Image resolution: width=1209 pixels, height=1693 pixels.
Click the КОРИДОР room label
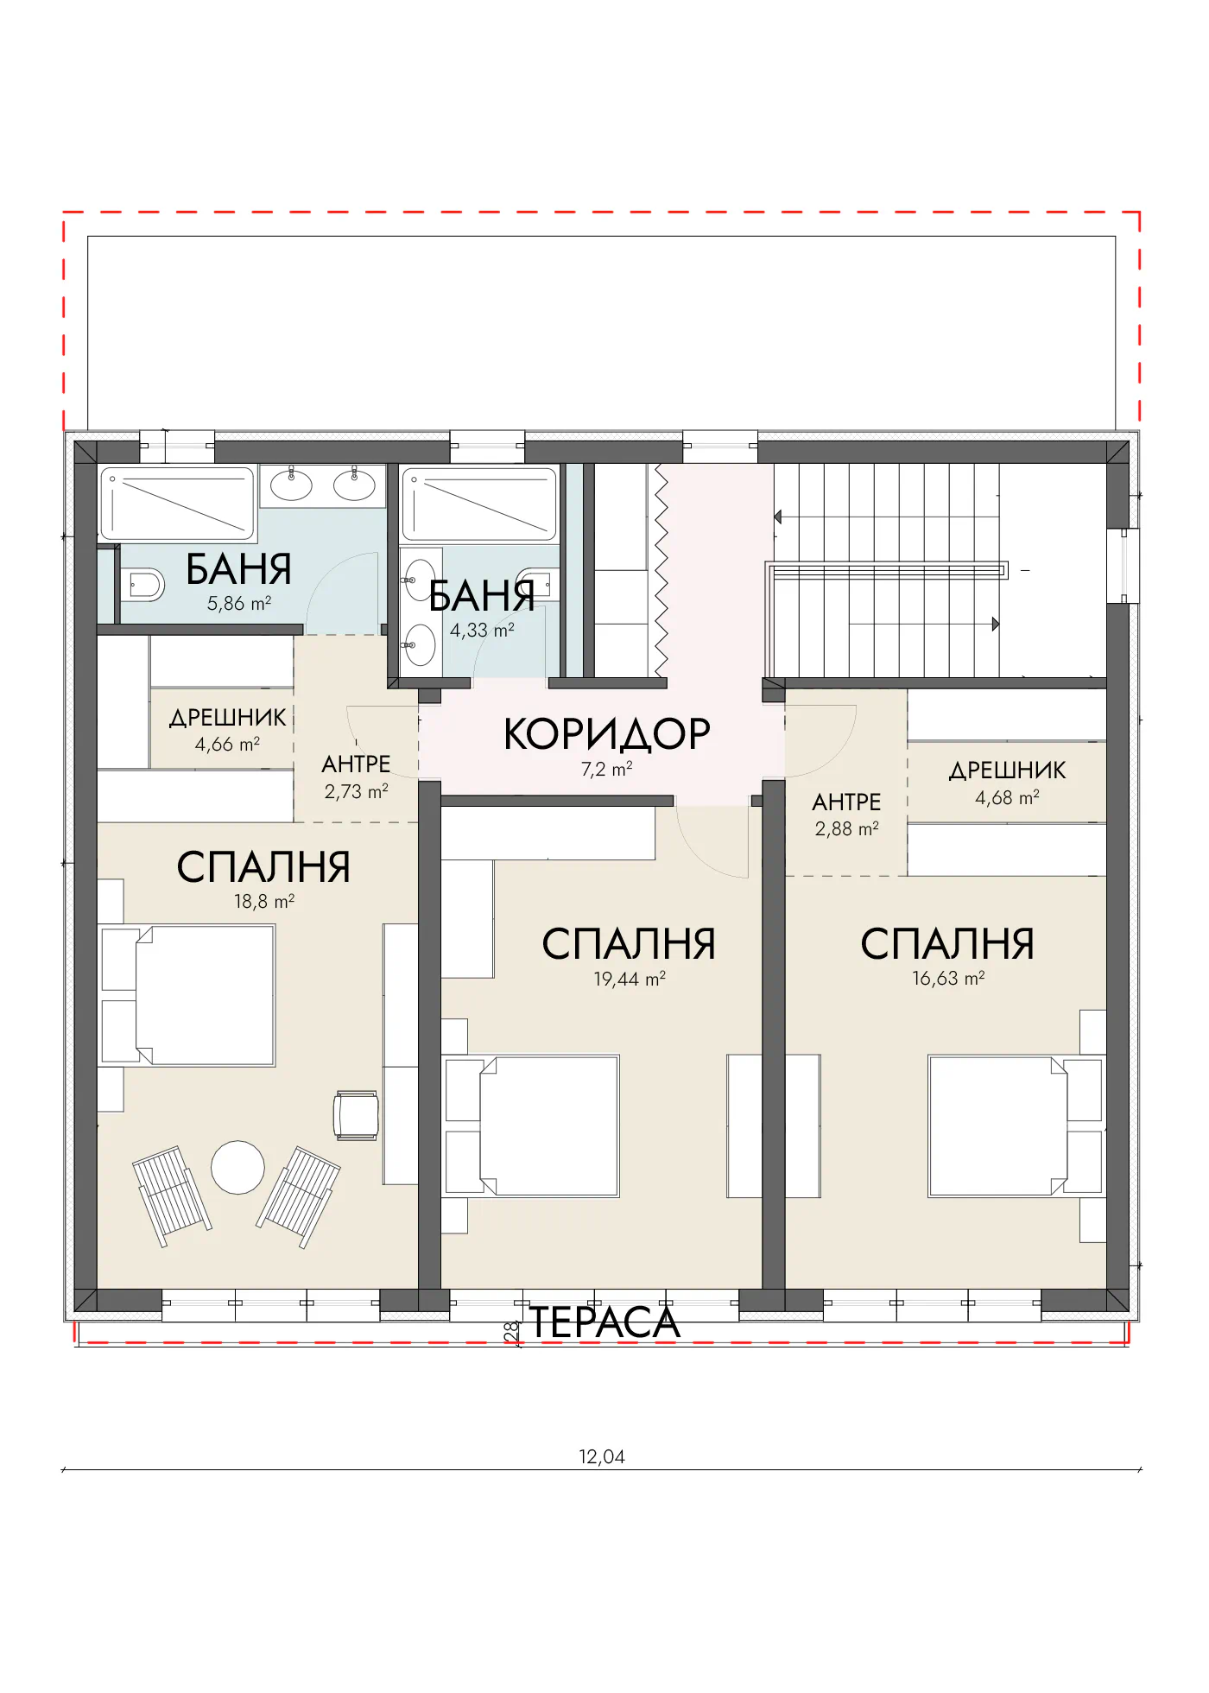[x=607, y=734]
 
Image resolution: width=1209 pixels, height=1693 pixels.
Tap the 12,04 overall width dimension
[x=602, y=1456]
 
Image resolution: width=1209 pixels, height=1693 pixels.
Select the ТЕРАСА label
[x=604, y=1322]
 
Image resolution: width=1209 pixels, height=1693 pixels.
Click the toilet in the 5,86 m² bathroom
[x=142, y=586]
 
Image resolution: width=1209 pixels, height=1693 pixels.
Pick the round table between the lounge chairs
[x=238, y=1167]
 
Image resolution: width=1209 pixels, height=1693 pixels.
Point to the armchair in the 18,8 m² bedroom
[x=357, y=1115]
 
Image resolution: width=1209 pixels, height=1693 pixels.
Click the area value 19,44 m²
[x=630, y=979]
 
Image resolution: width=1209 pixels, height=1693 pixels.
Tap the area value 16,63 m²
[x=948, y=978]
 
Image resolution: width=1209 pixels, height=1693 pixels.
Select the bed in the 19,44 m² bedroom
[x=531, y=1125]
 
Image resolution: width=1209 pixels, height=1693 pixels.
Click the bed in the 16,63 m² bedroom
[x=1016, y=1125]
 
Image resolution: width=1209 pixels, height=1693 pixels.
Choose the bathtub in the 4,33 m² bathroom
[x=479, y=504]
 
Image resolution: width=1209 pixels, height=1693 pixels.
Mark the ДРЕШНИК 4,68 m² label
[x=1008, y=783]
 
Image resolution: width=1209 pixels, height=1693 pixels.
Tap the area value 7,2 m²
[x=607, y=769]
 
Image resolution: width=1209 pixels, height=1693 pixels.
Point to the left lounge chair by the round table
[x=172, y=1196]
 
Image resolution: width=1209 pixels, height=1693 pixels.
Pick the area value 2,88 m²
[x=846, y=828]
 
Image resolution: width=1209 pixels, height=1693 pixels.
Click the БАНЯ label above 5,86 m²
[x=239, y=570]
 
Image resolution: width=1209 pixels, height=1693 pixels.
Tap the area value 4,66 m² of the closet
[x=227, y=744]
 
